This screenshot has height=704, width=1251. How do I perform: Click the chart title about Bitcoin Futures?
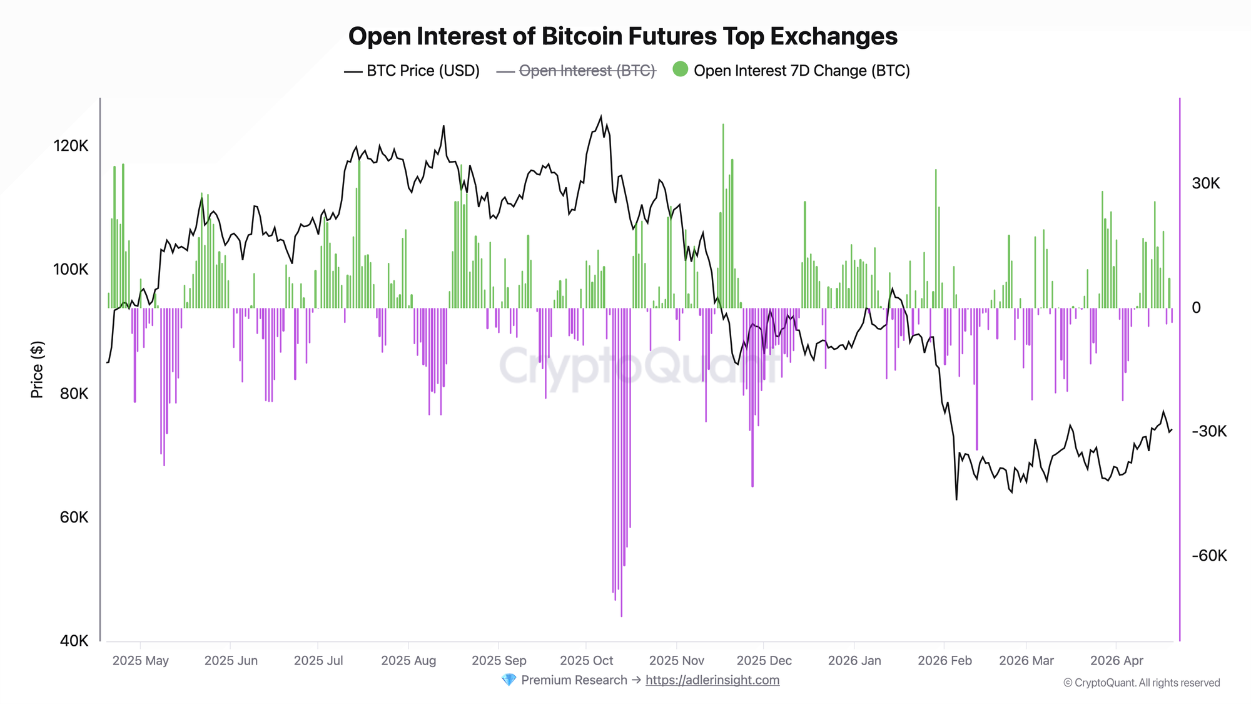point(622,36)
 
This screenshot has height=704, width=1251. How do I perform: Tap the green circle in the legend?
point(680,69)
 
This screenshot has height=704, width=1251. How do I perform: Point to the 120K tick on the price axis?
point(71,146)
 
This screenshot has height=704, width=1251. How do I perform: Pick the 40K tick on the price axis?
point(74,641)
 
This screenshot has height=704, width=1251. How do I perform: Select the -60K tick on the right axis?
point(1208,556)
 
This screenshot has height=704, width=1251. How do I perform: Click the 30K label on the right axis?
point(1205,183)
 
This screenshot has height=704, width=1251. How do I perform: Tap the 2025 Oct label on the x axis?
point(586,661)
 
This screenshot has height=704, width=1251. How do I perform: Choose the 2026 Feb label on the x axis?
point(945,661)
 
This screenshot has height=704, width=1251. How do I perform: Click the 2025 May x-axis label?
point(140,661)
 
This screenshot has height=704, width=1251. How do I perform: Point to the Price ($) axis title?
point(37,369)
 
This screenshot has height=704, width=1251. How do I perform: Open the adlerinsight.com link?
point(712,680)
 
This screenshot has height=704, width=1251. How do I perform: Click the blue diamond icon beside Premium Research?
point(509,680)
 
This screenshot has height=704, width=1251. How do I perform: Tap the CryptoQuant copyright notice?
point(1142,683)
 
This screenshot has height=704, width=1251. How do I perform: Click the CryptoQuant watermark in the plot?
point(638,367)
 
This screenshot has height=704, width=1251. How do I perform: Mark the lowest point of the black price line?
point(956,499)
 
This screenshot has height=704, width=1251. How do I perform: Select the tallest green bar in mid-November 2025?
point(723,125)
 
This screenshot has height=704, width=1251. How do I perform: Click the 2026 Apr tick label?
point(1117,661)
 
